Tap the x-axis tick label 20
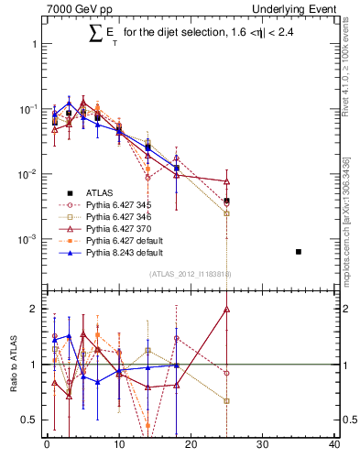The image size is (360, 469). point(191,445)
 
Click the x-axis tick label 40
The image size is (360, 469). point(334,445)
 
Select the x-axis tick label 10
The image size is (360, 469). point(118,445)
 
